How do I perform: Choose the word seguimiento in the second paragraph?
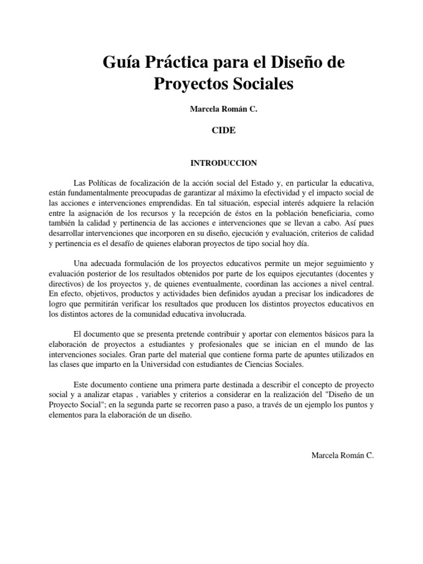[x=348, y=264]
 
